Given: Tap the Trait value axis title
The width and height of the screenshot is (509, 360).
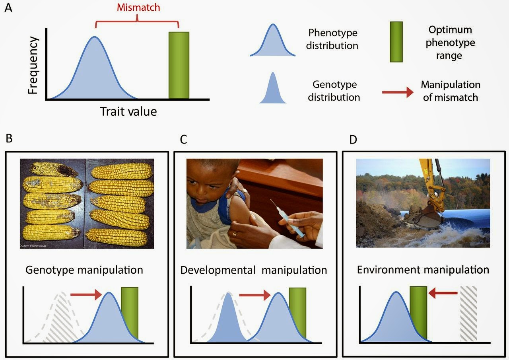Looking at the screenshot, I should click(128, 111).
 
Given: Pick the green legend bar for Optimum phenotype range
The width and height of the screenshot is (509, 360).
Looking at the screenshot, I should click(396, 42).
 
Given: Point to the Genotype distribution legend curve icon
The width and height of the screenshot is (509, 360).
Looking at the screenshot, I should click(273, 90).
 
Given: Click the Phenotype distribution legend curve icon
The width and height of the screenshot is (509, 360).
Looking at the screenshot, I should click(273, 42).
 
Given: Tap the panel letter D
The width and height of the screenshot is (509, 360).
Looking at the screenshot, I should click(353, 140).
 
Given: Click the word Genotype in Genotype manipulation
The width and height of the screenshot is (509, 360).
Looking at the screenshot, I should click(49, 270).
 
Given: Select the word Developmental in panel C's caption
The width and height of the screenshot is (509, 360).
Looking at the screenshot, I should click(218, 270).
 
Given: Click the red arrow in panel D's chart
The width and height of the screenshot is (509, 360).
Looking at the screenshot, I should click(443, 294).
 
